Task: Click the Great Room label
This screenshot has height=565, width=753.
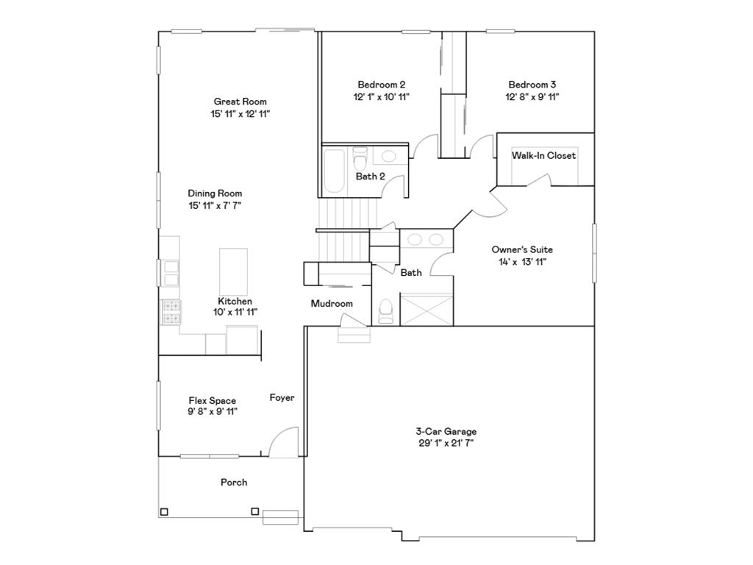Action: coord(240,102)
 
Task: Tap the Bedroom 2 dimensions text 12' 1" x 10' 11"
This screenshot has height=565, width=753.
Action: coord(381,96)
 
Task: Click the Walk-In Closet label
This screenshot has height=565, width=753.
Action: coord(544,156)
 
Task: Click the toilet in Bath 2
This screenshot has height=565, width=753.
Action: coord(360,159)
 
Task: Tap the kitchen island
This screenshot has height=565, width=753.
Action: coord(233,271)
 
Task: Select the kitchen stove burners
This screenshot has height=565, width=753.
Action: coord(171,312)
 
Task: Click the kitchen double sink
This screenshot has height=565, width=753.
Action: coord(170,272)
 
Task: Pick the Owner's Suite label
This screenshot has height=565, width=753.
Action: coord(522,249)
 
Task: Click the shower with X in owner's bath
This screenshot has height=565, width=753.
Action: coord(426,308)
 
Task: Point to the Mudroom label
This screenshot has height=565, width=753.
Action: coord(332,304)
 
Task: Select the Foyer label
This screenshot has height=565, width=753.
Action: coord(282,398)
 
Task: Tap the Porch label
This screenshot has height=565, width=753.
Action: coord(234,483)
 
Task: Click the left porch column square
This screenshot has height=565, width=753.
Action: coord(164,512)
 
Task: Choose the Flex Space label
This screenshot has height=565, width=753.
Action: coord(212,401)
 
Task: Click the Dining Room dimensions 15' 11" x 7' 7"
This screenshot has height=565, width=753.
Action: coord(215,205)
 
